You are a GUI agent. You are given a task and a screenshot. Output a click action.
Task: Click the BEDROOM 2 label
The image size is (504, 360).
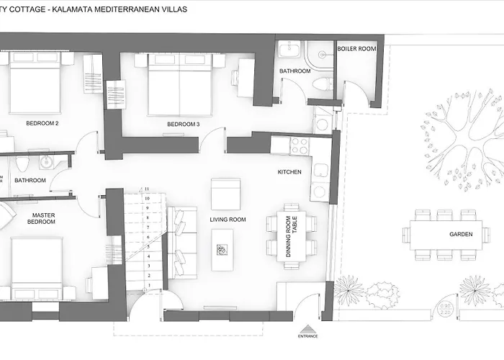[x=42, y=123]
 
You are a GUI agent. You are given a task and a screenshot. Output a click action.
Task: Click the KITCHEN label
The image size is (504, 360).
[x=289, y=173]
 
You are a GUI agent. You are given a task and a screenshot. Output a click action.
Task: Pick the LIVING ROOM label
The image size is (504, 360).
[x=228, y=220]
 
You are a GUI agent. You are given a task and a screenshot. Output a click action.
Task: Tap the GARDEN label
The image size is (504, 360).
[x=460, y=235]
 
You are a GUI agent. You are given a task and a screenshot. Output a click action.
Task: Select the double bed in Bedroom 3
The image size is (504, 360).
[x=179, y=85]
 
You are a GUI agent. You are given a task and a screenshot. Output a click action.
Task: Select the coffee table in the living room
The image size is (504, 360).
[x=222, y=249]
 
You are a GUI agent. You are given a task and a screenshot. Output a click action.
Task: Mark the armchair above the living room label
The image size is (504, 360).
[x=225, y=194]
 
